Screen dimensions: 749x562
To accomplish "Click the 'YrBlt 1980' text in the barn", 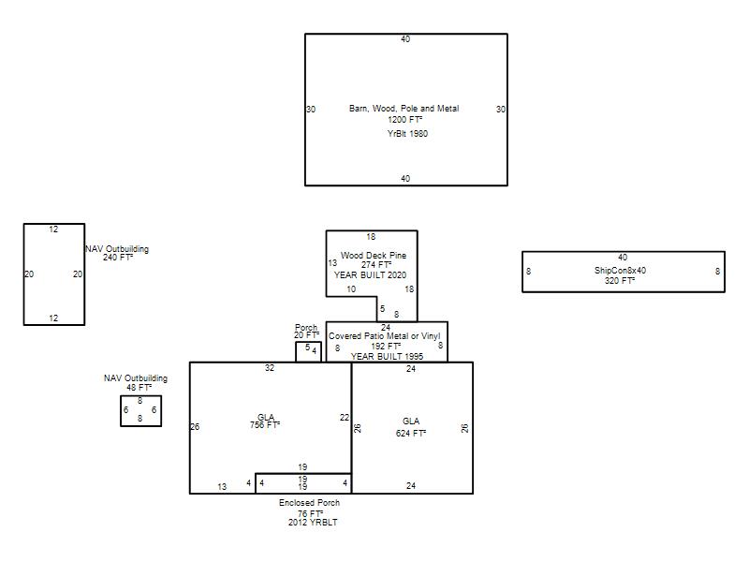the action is pos(407,133).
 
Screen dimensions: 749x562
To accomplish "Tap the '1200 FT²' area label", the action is pos(404,120).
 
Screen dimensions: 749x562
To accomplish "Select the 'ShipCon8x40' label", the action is pos(620,271).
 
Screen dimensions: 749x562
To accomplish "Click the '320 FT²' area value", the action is pos(620,280).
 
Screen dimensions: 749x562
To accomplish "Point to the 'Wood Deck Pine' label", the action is pos(374,256).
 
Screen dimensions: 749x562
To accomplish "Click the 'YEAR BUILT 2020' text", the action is pos(370,274).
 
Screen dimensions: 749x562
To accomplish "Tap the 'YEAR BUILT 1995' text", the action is pos(387,357).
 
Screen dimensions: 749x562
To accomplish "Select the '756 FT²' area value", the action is pos(265,425).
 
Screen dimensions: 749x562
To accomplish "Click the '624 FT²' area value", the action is pos(411,434).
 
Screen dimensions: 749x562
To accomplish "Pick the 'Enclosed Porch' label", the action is pos(310,503).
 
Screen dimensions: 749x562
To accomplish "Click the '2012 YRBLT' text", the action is pos(313,523).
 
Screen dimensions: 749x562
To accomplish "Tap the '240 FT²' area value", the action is pos(118,257).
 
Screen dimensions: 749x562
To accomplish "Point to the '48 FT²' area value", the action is pos(139,388).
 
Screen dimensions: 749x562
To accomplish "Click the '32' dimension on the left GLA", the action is pos(270,368).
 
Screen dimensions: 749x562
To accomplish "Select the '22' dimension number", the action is pos(345,418).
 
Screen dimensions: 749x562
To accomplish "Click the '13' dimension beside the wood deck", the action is pos(332,263).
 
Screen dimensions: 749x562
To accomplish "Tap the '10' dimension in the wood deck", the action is pos(351,289).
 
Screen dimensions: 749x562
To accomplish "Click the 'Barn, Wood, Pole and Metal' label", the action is pos(404,109).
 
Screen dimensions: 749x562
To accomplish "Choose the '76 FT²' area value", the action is pos(311,513).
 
